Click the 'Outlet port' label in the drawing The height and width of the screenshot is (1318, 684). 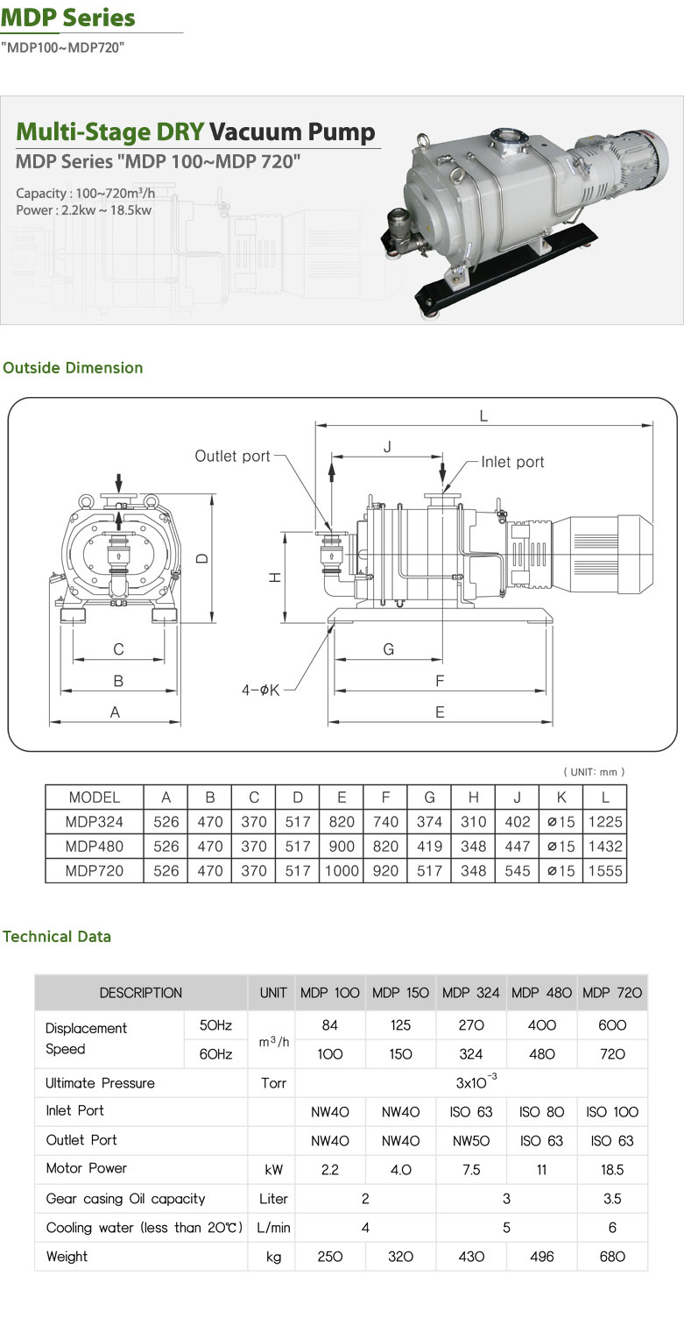click(232, 457)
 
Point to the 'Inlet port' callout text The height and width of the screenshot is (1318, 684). click(512, 462)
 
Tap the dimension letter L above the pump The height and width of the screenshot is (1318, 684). click(483, 417)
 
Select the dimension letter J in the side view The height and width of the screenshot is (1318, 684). click(386, 446)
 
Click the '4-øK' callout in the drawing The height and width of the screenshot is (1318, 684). click(260, 690)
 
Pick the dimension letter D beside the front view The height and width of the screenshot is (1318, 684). click(201, 557)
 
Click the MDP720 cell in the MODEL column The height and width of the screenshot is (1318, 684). click(95, 871)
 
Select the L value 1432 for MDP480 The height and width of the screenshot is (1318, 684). click(605, 847)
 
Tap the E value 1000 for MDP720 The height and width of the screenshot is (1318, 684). click(342, 871)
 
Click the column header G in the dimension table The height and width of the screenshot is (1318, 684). click(429, 797)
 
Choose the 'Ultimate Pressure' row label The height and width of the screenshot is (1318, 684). click(100, 1083)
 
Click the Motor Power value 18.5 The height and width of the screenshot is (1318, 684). click(612, 1169)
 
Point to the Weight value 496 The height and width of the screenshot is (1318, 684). click(542, 1257)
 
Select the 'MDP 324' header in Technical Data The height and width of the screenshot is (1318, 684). click(471, 993)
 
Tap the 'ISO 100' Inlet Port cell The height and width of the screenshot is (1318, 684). click(612, 1112)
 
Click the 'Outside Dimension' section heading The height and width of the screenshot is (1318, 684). click(73, 368)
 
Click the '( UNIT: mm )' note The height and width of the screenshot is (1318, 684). click(594, 772)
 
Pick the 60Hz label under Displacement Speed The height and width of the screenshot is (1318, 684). click(215, 1054)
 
